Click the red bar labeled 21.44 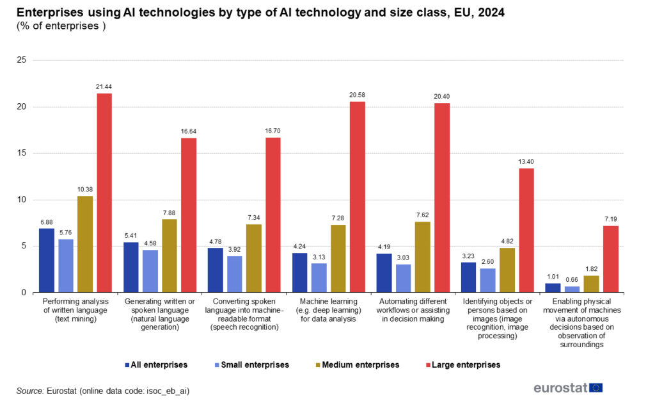[x=104, y=193]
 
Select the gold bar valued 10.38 [x=85, y=244]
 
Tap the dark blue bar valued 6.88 [x=47, y=260]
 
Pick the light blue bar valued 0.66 [x=572, y=290]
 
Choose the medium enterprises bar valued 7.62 [x=423, y=257]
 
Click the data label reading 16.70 [x=273, y=131]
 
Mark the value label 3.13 [x=319, y=256]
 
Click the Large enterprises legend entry [x=466, y=364]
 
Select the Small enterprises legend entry [x=255, y=364]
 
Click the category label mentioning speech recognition [x=244, y=314]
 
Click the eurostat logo [x=568, y=388]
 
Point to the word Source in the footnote [x=30, y=390]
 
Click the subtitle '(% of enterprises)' [x=60, y=26]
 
